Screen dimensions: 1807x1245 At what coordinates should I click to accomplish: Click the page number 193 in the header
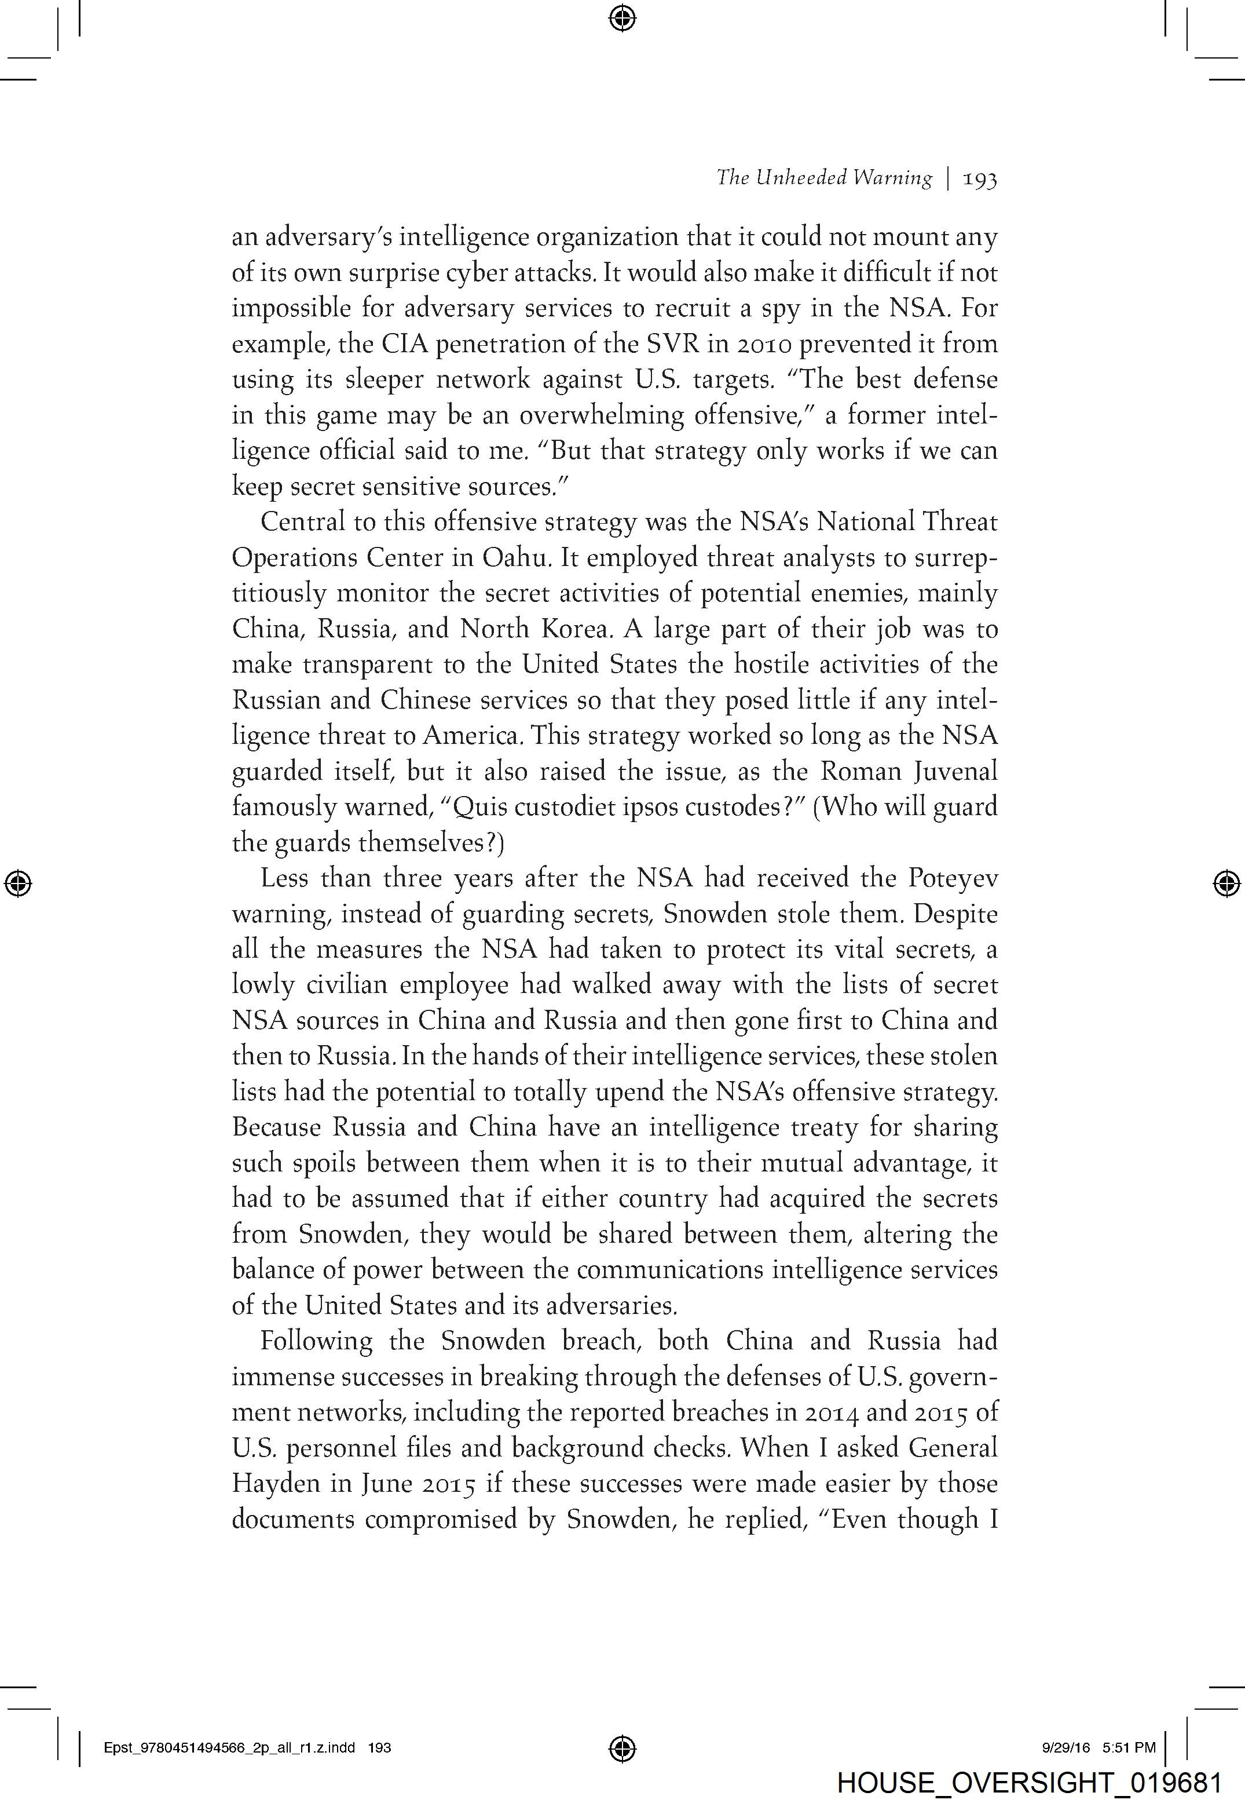pyautogui.click(x=980, y=180)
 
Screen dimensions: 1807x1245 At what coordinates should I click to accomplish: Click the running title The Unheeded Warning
pyautogui.click(x=824, y=178)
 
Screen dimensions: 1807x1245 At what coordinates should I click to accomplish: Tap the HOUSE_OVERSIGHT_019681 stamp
pyautogui.click(x=1029, y=1782)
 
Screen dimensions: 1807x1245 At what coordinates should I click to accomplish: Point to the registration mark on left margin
pyautogui.click(x=18, y=883)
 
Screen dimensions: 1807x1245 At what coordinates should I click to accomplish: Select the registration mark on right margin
pyautogui.click(x=1227, y=883)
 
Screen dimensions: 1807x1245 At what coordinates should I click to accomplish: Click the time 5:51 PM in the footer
pyautogui.click(x=1129, y=1748)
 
